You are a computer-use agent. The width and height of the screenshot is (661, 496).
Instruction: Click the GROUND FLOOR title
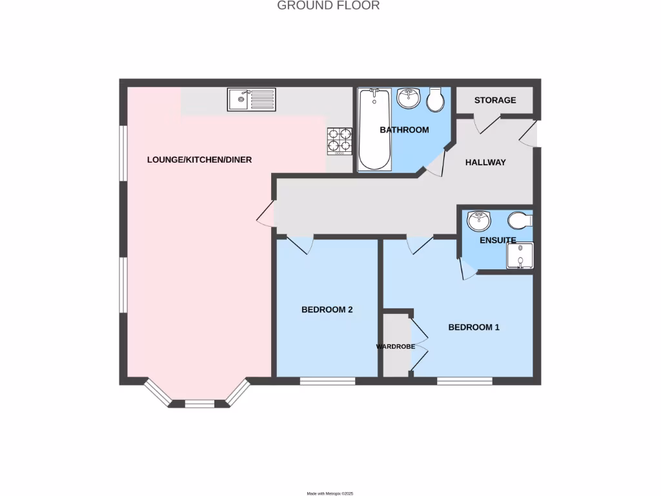328,6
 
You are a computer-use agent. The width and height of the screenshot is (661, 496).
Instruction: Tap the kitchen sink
252,99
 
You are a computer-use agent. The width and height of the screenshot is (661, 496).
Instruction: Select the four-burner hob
340,140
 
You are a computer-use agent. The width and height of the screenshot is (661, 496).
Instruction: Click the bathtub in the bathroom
374,130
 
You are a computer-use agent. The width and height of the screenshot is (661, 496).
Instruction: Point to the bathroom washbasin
408,98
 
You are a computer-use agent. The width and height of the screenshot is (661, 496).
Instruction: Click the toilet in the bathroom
435,99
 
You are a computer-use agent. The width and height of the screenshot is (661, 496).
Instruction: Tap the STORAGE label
495,100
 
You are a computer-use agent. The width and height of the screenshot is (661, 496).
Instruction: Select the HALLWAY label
485,162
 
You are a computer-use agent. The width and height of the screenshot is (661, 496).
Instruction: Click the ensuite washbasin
479,220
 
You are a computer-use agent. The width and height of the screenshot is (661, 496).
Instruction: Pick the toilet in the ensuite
520,220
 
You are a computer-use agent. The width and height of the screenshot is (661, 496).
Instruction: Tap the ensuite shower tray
519,255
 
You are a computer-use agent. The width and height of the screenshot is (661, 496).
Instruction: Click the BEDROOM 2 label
327,309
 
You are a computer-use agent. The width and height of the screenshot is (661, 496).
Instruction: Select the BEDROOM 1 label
474,327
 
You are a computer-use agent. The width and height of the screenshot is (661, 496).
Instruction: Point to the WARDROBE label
396,346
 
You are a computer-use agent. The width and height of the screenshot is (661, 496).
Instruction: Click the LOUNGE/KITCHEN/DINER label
199,160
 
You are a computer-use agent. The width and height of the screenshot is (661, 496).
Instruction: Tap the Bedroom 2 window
327,381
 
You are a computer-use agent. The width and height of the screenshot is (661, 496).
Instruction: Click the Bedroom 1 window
465,381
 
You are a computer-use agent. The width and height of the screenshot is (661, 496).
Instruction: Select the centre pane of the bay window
199,404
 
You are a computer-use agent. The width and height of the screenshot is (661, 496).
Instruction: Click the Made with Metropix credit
330,493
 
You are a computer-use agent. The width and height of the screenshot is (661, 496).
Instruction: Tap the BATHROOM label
404,130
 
